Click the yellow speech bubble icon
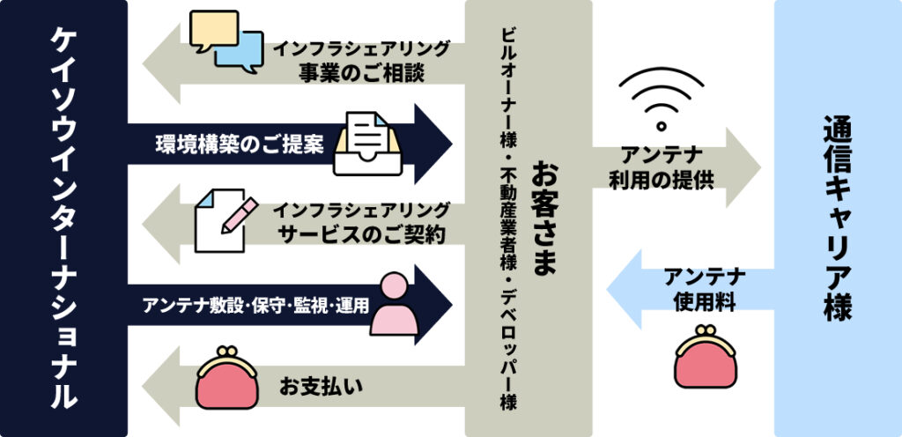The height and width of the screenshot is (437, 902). click(x=212, y=30)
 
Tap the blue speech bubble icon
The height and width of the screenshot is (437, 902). click(x=239, y=52)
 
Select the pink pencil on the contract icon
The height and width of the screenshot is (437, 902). click(x=239, y=213)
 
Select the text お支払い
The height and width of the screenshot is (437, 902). click(x=322, y=386)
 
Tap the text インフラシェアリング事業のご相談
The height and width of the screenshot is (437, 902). click(x=361, y=60)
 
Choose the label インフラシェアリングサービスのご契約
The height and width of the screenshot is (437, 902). click(x=361, y=223)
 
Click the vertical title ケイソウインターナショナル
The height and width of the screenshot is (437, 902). click(x=63, y=218)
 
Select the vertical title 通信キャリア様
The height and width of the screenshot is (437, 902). click(x=837, y=218)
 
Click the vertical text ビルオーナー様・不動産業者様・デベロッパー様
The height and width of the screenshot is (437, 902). click(x=507, y=218)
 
